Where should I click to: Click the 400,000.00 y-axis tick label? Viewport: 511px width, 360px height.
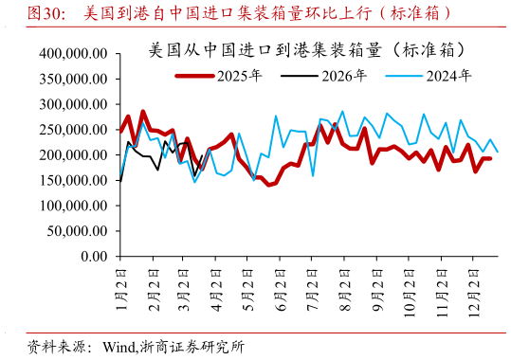pos(70,53)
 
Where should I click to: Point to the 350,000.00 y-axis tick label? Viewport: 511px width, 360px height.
pos(70,79)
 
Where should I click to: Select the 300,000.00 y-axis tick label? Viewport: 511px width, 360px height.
pos(70,104)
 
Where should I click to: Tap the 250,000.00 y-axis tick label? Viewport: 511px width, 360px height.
pos(70,130)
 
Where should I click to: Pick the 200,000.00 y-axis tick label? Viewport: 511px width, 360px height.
pos(70,154)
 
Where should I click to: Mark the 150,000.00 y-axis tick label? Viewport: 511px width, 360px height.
pos(70,180)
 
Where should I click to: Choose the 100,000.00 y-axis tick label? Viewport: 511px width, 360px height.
pos(70,206)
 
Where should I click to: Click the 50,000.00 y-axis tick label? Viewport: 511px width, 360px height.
pos(74,231)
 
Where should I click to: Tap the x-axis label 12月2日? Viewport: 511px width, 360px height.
pos(473,286)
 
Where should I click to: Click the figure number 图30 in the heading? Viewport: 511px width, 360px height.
pos(46,14)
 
